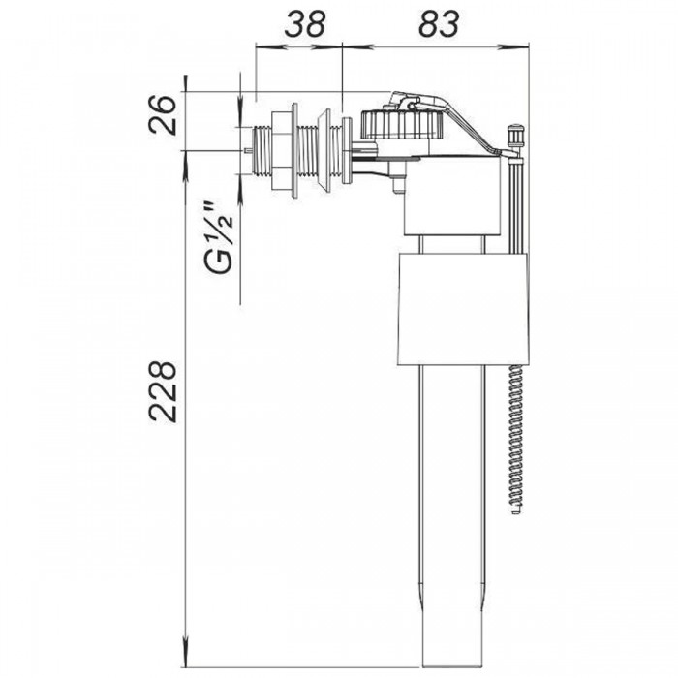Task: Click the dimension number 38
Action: (304, 23)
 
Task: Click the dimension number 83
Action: (439, 23)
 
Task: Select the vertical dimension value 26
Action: (163, 115)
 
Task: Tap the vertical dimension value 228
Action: (163, 391)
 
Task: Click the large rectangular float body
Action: (463, 309)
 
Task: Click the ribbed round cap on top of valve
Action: (402, 125)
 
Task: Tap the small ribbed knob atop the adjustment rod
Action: (516, 135)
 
